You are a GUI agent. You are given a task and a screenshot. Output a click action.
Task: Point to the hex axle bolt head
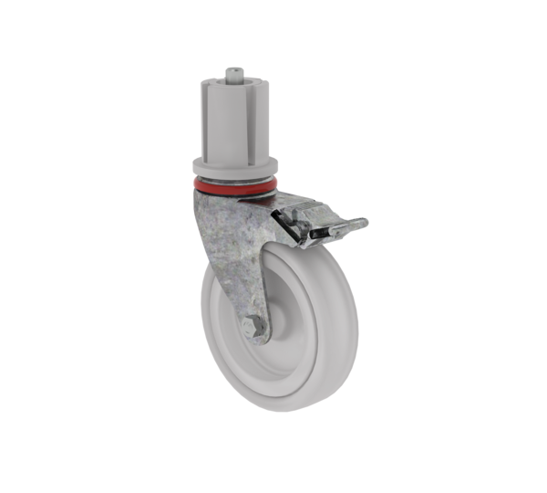click(253, 326)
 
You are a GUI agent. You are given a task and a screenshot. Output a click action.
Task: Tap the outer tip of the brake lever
click(363, 222)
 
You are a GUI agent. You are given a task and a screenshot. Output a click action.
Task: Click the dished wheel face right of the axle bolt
click(301, 329)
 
